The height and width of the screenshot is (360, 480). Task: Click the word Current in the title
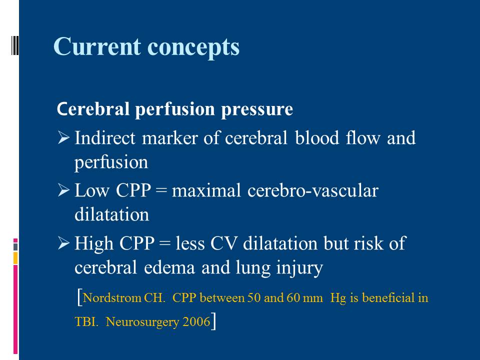(97, 46)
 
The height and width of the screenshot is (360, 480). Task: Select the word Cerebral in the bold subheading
(93, 108)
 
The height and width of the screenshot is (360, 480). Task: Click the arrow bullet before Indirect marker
(63, 137)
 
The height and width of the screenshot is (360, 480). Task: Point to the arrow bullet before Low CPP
(63, 190)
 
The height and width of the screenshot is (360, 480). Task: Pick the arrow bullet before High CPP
(63, 243)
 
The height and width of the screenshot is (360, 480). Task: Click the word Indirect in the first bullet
(105, 137)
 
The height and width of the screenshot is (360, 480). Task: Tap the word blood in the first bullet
(317, 137)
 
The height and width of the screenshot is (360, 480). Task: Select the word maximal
(206, 190)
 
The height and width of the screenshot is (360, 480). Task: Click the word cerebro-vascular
(313, 190)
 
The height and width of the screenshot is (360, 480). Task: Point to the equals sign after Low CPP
(161, 191)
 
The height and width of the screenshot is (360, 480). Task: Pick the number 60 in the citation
(293, 297)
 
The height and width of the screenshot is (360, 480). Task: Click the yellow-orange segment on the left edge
(15, 258)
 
